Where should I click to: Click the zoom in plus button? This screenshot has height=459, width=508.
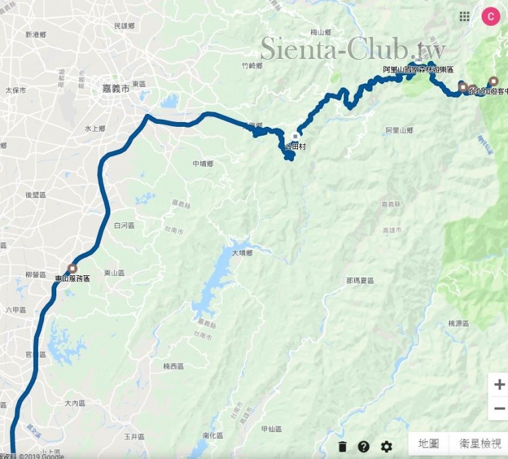point(499,384)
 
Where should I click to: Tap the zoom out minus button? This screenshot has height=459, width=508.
point(499,408)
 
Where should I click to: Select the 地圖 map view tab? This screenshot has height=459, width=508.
point(429,444)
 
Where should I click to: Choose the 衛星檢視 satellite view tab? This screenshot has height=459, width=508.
point(480,444)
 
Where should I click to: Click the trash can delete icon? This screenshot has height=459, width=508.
point(343,446)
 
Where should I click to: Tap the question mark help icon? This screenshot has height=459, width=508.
point(364,446)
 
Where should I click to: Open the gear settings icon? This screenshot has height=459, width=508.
point(386,446)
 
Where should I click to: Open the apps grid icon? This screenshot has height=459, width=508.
point(465,16)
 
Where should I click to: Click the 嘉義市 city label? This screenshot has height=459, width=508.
point(115,88)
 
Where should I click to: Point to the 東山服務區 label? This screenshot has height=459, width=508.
point(72,279)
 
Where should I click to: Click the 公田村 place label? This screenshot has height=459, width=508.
point(296,146)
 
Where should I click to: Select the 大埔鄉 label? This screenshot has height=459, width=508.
point(242,253)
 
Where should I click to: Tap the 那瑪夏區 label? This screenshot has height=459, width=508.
point(360,280)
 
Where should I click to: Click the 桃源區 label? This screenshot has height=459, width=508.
point(459,324)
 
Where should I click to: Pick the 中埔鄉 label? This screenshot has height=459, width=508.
point(203,164)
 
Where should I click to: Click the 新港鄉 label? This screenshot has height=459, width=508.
point(35,34)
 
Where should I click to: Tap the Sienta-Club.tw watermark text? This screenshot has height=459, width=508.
point(352,49)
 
